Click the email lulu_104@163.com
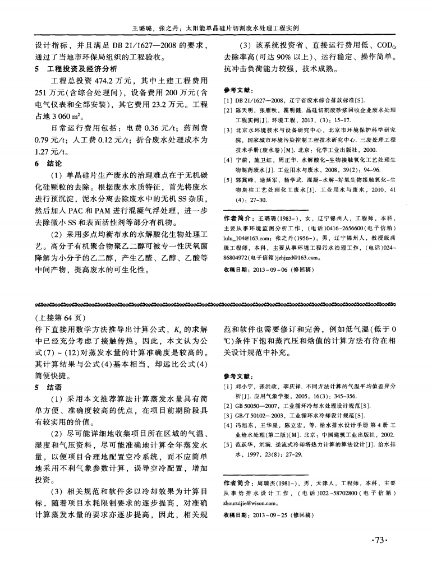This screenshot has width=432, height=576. click(x=248, y=237)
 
